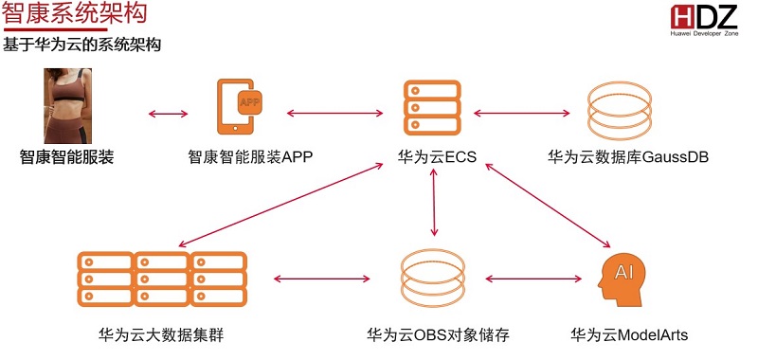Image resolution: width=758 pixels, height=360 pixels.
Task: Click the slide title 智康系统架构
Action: [74, 12]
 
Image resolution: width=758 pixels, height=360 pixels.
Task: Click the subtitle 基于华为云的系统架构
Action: [81, 45]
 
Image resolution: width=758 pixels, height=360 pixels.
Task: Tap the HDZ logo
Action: [704, 20]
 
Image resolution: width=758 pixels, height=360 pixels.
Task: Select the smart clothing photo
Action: [67, 106]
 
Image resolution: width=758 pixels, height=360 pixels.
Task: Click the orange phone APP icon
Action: [239, 106]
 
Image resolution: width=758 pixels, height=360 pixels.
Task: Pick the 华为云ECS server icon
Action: [432, 108]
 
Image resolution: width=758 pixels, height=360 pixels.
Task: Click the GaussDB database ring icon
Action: [620, 111]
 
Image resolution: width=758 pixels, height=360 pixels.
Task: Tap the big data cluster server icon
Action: [162, 279]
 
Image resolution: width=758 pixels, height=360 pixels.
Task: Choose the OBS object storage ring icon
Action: [433, 279]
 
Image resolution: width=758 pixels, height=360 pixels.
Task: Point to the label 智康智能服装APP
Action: [250, 157]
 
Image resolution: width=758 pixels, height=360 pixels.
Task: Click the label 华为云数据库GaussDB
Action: [628, 157]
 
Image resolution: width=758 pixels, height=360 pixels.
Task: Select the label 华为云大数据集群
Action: [161, 334]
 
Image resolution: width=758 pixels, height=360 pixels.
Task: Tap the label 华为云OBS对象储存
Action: [438, 334]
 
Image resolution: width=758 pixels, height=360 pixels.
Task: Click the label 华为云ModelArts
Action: [629, 334]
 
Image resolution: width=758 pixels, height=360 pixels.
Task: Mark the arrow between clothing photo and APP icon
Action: [168, 114]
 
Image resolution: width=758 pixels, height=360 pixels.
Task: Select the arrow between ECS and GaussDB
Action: [522, 114]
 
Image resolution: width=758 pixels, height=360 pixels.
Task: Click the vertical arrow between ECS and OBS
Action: [434, 202]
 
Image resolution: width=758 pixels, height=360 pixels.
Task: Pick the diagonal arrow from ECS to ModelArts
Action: [548, 206]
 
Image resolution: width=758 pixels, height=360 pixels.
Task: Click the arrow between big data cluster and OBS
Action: [321, 279]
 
